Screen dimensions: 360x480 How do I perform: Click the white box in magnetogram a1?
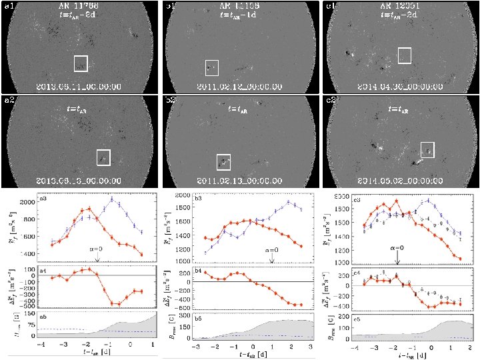tap(81, 63)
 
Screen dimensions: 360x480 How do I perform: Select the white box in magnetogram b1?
tap(212, 67)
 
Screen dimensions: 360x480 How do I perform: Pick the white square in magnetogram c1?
tap(405, 55)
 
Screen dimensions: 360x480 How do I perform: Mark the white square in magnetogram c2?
tap(427, 151)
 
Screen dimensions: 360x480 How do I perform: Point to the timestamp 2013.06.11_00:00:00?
tap(79, 87)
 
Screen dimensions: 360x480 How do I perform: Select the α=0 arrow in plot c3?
tap(397, 254)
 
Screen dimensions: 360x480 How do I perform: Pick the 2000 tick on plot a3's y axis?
tap(27, 202)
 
